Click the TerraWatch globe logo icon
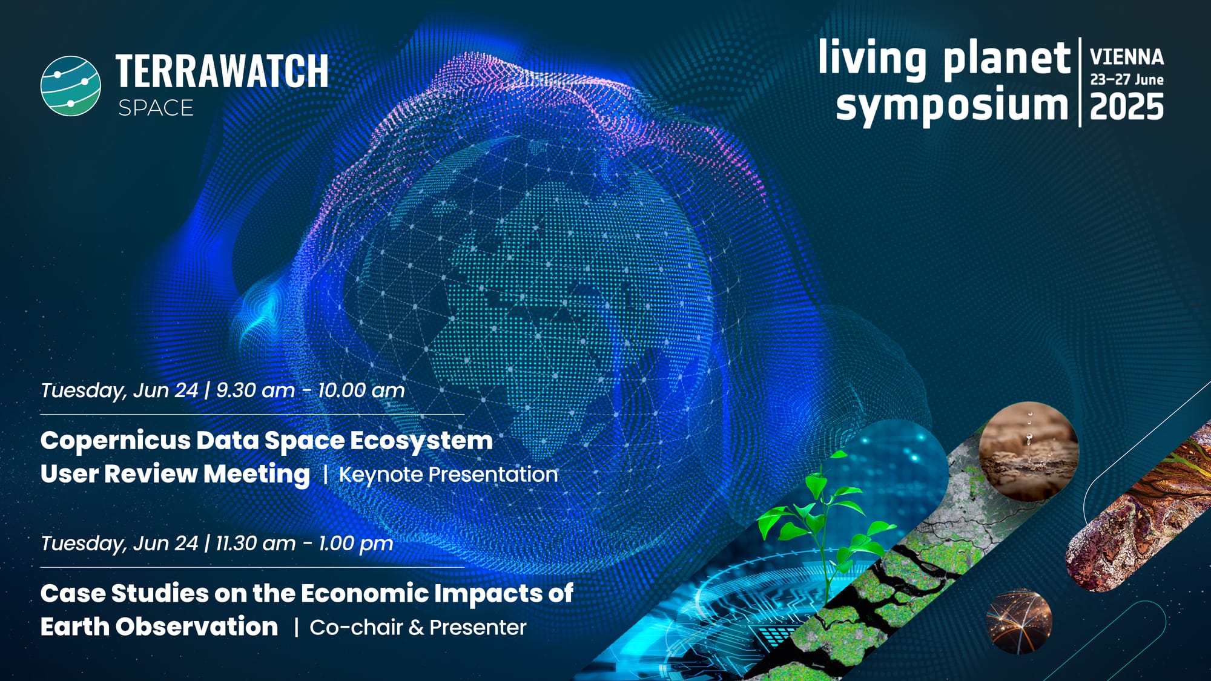click(x=71, y=86)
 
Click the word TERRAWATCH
click(x=222, y=71)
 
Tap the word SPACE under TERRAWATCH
click(x=156, y=108)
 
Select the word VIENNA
click(x=1127, y=58)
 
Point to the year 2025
click(x=1127, y=107)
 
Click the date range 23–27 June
click(x=1127, y=79)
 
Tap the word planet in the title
click(x=1006, y=59)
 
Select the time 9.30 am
click(x=256, y=390)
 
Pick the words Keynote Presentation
click(x=448, y=475)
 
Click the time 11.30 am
click(x=256, y=544)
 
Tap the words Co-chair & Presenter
click(x=418, y=628)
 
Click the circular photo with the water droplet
click(x=1029, y=451)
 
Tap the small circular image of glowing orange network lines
click(x=1019, y=622)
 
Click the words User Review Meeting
click(x=175, y=474)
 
